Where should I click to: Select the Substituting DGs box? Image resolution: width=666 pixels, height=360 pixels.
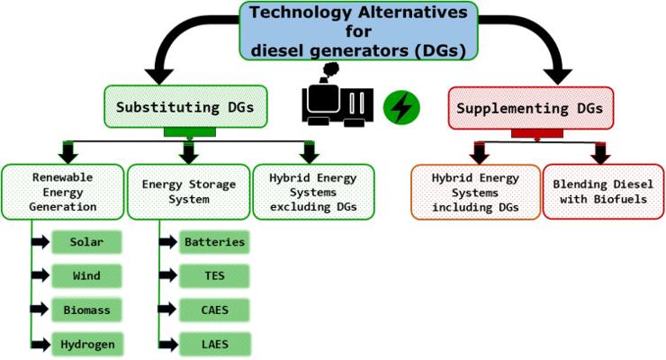188,107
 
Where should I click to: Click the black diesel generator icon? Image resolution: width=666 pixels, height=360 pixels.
336,102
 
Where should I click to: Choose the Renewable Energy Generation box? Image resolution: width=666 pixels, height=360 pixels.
62,191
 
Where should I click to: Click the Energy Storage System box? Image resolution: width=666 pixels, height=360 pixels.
189,191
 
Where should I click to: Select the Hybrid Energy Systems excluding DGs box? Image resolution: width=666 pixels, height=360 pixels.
310,191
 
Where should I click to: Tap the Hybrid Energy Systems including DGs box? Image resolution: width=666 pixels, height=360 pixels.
472,191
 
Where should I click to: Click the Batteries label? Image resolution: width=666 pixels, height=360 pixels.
213,243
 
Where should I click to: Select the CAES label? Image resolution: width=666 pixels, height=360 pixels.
213,310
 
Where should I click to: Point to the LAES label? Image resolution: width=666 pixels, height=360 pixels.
213,344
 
